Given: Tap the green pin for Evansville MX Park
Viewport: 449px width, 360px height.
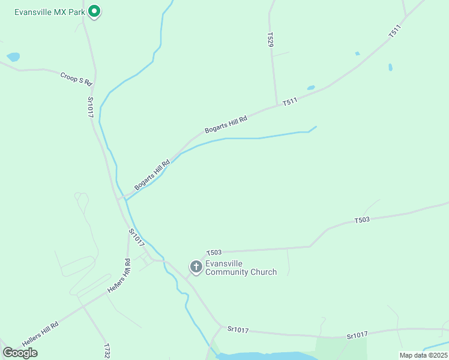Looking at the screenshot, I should (94, 11).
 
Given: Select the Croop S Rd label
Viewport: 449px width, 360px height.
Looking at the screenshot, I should (76, 78).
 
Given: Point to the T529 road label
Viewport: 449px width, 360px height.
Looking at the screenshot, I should (270, 41).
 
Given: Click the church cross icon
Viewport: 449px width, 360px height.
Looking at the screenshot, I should (196, 266).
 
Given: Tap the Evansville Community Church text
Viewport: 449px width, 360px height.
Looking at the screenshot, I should (241, 268).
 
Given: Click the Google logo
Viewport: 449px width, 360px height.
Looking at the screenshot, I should (20, 353).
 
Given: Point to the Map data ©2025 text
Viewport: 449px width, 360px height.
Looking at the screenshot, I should (423, 355).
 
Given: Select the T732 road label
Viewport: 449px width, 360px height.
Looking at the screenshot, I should (107, 352).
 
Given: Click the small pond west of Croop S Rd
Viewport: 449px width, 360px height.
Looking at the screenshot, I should (13, 58).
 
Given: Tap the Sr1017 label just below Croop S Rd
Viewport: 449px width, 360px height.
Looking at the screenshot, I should (91, 107).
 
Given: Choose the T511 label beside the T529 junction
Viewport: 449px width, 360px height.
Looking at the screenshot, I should (291, 103).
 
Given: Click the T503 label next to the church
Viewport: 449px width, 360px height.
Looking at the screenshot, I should (214, 253).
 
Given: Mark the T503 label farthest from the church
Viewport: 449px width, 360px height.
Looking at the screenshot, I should (362, 220).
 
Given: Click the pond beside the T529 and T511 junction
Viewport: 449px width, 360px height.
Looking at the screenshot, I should (311, 88).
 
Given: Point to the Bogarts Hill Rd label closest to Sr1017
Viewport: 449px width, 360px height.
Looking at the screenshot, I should (149, 175).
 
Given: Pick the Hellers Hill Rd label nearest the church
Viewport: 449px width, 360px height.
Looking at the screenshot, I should (119, 277).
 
